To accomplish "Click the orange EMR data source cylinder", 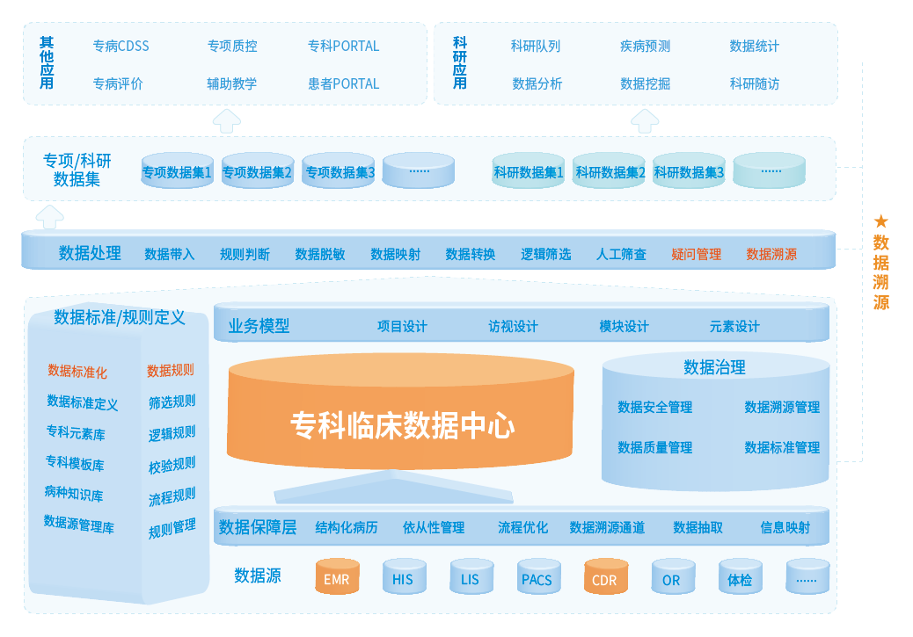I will [x=337, y=577].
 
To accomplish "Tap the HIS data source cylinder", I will [x=403, y=577].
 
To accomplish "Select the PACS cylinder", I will [x=537, y=577].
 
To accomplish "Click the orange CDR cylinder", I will [x=604, y=578].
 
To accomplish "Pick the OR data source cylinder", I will [x=671, y=578].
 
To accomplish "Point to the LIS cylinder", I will [x=470, y=577].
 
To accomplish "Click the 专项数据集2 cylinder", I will [x=257, y=171].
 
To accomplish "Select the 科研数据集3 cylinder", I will [x=689, y=171].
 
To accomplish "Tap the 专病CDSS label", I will [x=121, y=46].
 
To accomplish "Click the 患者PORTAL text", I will [x=343, y=83].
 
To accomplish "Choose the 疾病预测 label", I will [x=645, y=46].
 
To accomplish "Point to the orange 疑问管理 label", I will [x=696, y=254].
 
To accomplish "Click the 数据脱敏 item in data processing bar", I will [x=320, y=254].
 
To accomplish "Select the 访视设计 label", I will [x=513, y=326].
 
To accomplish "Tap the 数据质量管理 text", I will [x=654, y=447].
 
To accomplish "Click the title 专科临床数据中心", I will [x=402, y=425].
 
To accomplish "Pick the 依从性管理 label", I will [x=434, y=527].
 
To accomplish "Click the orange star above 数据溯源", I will [x=880, y=221].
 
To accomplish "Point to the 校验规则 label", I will [x=172, y=465].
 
